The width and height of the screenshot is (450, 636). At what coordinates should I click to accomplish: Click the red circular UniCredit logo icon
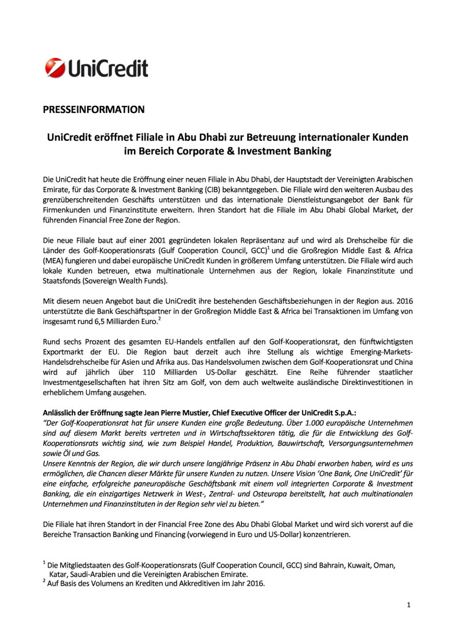tap(55, 68)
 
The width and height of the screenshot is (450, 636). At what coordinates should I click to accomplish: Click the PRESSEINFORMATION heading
tap(94, 110)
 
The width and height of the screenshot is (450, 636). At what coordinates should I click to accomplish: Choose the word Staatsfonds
tap(61, 281)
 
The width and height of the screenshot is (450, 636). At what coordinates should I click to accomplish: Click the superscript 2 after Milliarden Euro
tap(159, 319)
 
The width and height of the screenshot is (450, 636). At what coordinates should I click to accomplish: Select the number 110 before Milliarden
tap(149, 372)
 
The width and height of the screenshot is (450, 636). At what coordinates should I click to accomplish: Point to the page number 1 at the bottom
tap(408, 605)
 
